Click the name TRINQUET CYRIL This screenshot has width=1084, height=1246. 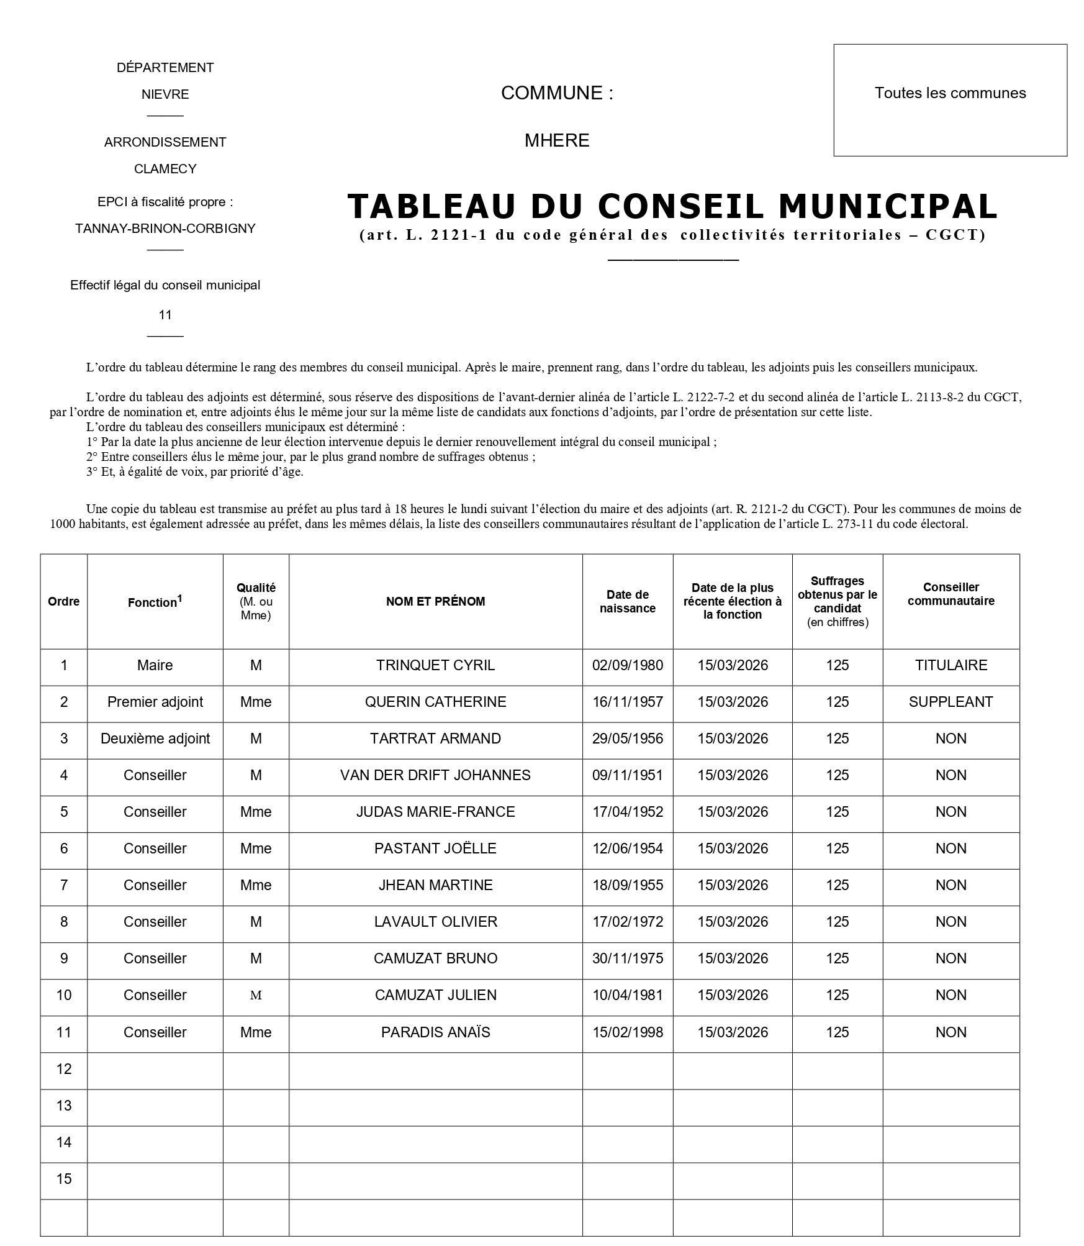[x=435, y=665]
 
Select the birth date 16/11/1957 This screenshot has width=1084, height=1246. [x=627, y=702]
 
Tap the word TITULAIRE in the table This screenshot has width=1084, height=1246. [x=951, y=665]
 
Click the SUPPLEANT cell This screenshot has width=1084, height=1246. [x=951, y=702]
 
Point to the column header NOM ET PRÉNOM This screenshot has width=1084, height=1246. [x=435, y=601]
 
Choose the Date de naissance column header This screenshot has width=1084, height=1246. [x=627, y=601]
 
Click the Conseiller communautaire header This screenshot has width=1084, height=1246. [x=951, y=594]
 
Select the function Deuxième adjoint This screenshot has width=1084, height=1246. [x=155, y=739]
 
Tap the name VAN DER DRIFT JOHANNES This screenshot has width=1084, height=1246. [x=435, y=775]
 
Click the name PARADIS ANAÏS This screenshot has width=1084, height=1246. [x=435, y=1032]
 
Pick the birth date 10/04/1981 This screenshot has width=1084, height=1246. [x=627, y=995]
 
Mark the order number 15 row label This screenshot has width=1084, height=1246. [x=64, y=1179]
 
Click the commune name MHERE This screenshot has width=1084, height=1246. [x=557, y=140]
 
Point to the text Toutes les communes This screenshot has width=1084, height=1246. [x=950, y=93]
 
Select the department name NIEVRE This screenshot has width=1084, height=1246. [x=165, y=94]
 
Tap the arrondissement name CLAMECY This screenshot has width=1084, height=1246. [x=165, y=169]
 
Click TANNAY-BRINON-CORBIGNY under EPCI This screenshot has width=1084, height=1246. [x=165, y=229]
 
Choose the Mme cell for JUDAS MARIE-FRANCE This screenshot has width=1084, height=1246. [x=256, y=812]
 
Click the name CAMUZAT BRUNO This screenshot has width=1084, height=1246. [x=435, y=958]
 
